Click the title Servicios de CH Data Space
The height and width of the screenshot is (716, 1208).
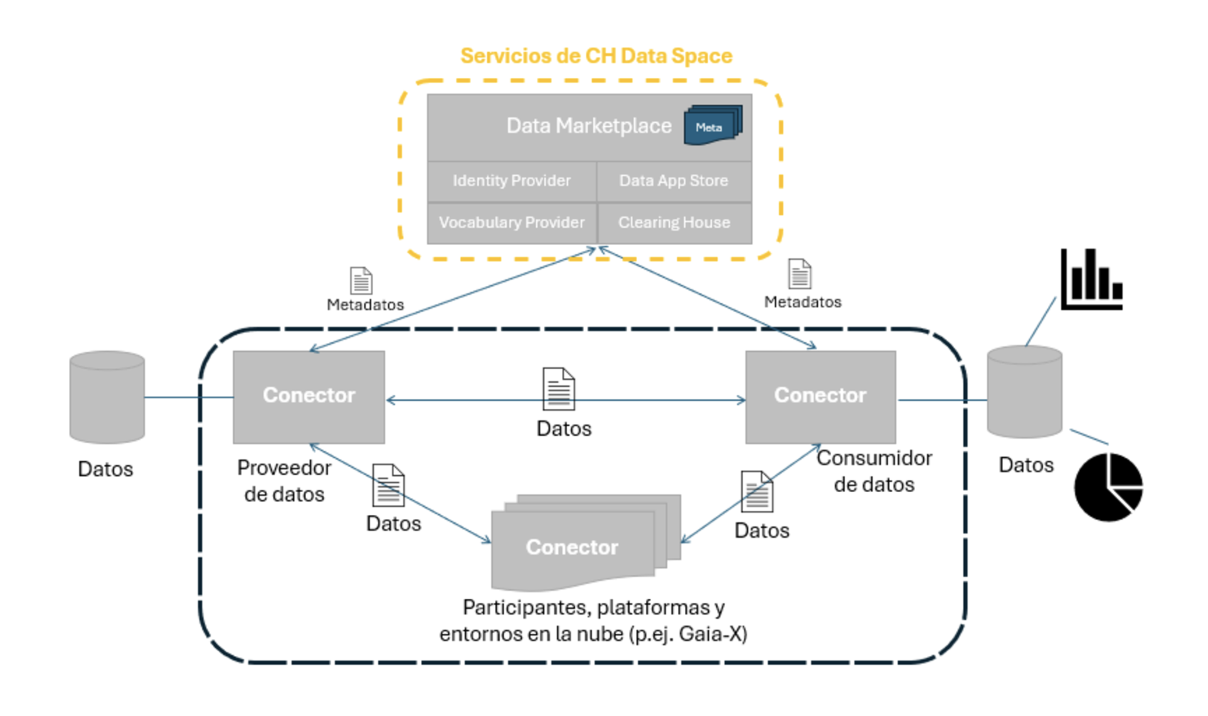[596, 56]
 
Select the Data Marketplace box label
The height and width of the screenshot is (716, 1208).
[588, 126]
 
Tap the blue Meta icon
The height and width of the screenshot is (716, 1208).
[712, 126]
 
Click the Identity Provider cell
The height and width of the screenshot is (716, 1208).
[511, 181]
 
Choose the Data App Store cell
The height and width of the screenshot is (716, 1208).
[674, 181]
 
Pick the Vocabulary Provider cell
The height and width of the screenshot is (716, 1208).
[511, 223]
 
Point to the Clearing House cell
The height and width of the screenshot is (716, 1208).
[674, 223]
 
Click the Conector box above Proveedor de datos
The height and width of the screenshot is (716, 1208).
[309, 396]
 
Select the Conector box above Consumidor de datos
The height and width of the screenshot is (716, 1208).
[820, 396]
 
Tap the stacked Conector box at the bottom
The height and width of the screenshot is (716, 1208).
[572, 547]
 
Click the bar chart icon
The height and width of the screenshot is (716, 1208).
[1091, 280]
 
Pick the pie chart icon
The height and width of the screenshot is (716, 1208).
[1108, 487]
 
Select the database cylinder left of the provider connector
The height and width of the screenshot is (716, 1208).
[107, 397]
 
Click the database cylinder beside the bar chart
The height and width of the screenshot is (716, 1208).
[1024, 392]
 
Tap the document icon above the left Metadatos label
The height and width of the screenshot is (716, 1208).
[361, 280]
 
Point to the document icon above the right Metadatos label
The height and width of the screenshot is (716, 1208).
[800, 274]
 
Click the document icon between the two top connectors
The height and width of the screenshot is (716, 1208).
[558, 389]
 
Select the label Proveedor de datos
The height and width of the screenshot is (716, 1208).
[284, 481]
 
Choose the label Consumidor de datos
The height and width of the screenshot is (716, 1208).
[874, 471]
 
